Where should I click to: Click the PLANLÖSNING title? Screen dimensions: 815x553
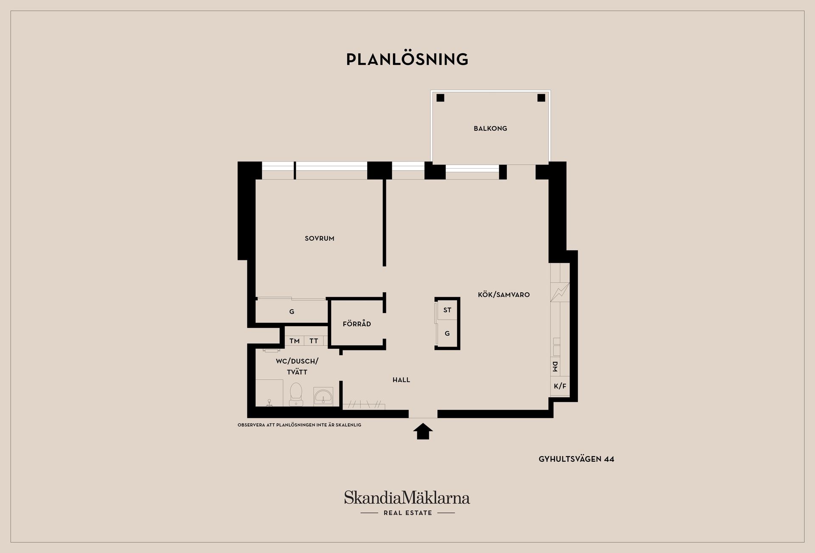tap(407, 59)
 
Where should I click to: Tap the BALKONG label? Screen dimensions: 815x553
tap(490, 128)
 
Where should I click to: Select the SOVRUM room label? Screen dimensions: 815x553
tap(320, 239)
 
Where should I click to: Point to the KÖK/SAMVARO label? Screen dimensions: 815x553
tap(504, 295)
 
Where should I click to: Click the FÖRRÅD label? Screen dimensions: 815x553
tap(357, 324)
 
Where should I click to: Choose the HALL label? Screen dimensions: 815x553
tap(401, 380)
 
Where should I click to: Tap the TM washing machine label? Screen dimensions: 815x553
tap(295, 341)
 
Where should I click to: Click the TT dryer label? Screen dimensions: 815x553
tap(314, 341)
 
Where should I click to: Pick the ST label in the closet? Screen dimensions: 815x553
tap(447, 310)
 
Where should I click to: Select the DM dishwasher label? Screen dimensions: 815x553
tap(555, 367)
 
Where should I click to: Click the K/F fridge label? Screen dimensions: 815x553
tap(560, 386)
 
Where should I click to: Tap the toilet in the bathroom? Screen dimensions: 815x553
tap(296, 394)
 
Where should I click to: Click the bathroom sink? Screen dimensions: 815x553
tap(323, 396)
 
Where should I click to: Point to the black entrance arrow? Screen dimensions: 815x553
tap(423, 432)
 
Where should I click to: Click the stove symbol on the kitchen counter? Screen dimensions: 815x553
tap(560, 292)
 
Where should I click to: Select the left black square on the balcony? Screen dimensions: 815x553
tap(440, 98)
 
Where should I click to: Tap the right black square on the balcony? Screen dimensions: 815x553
tap(541, 98)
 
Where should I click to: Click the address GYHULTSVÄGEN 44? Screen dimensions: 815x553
tap(576, 459)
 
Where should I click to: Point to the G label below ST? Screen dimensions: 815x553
tap(447, 334)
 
